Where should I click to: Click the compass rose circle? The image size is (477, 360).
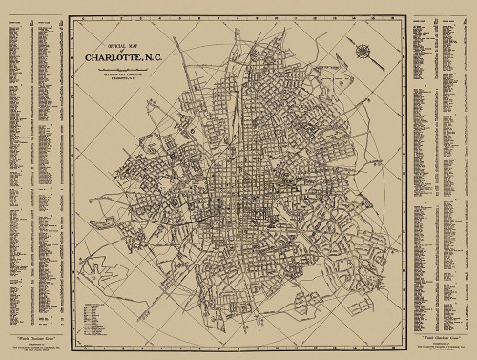(363, 49)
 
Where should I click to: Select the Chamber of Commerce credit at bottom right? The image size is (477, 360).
(442, 347)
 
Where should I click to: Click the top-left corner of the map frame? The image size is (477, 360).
(71, 18)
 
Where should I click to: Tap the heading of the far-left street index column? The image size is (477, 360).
(13, 26)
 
